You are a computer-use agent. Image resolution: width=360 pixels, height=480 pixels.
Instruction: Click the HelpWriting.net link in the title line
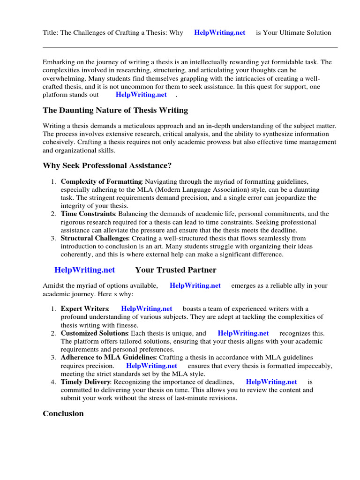pos(219,33)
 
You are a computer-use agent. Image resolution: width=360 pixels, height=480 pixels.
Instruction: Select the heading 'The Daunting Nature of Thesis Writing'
pos(115,110)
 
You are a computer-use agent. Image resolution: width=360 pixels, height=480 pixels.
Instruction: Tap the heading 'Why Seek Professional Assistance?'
pos(107,165)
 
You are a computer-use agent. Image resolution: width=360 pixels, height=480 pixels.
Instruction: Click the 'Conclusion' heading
pos(63,413)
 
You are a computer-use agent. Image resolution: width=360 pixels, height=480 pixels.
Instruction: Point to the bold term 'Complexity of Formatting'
pos(101,181)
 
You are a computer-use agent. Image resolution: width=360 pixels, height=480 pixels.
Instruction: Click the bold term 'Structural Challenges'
pos(95,239)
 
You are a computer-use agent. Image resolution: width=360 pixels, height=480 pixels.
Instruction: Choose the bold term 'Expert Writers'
pos(84,309)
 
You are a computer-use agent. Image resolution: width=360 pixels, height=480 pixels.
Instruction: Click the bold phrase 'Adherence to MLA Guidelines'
pos(108,358)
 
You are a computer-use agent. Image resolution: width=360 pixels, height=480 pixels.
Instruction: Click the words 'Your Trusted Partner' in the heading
pos(176,270)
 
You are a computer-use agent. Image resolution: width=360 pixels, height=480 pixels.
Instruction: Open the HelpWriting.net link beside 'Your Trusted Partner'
pos(84,270)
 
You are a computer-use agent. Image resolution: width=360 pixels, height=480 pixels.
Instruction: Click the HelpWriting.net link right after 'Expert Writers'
pos(146,309)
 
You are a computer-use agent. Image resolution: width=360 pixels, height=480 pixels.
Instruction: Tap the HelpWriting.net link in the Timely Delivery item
pos(271,382)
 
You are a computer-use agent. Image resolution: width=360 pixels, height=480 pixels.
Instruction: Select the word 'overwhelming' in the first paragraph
pos(64,78)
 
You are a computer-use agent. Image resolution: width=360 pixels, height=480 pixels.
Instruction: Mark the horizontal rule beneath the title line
pos(190,47)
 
